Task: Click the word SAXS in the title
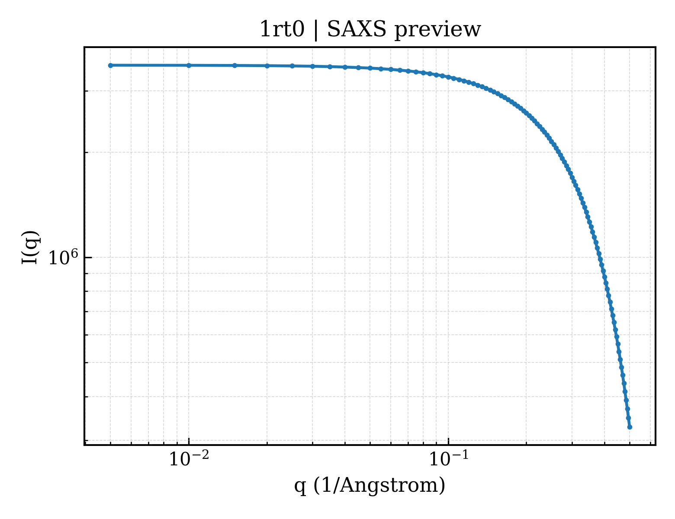(x=357, y=29)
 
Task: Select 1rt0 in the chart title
(x=282, y=29)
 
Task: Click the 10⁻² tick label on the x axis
(x=189, y=458)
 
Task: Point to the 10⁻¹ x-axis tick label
(x=449, y=458)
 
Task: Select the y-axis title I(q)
(x=30, y=247)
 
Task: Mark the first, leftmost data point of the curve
(x=110, y=65)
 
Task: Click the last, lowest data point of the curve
(x=630, y=427)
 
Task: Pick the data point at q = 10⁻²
(x=189, y=65)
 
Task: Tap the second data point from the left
(x=189, y=65)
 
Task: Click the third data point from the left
(x=235, y=65)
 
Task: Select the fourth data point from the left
(x=267, y=66)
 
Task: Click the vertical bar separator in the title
(x=316, y=30)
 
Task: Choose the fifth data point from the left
(x=292, y=66)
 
